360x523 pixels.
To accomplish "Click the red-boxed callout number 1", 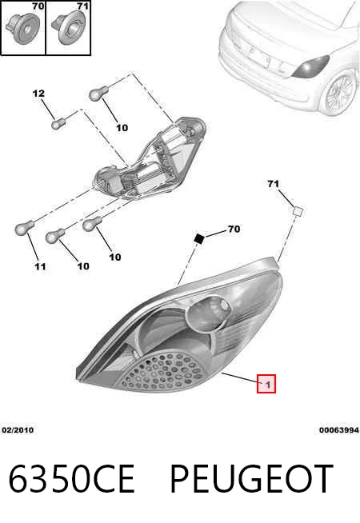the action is pos(266,384).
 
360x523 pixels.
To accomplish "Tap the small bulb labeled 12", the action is pos(58,124).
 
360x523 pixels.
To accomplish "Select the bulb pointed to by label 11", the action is pos(24,227).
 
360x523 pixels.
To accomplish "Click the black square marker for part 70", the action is pos(199,238).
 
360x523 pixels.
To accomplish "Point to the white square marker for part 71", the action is pos(298,211).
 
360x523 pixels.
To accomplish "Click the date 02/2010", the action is pos(18,430).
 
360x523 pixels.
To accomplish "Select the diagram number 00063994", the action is pos(339,430).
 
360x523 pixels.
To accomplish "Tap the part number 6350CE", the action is pos(71,479).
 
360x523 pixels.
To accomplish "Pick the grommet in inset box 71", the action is pos(68,29).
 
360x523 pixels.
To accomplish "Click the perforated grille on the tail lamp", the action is pos(161,372).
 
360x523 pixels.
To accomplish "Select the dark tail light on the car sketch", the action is pos(311,67).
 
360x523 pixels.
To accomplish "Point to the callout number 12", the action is pos(38,94).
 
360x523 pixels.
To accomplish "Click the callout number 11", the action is pos(40,266).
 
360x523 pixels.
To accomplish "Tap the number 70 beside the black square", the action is pos(234,230).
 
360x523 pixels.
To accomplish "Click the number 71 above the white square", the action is pos(273,184).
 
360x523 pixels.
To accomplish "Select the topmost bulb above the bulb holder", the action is pos(98,93).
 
